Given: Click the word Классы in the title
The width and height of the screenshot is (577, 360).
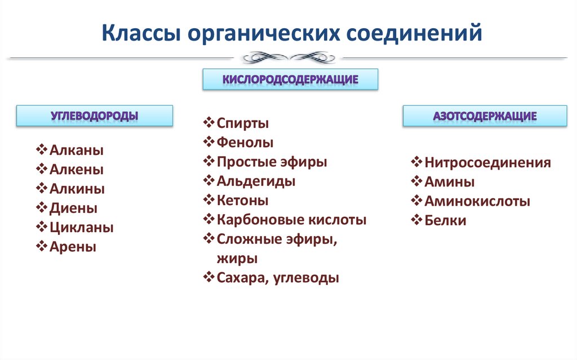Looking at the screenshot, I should tap(140, 33).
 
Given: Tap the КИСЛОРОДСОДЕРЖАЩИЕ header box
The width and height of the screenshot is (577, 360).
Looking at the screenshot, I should tap(290, 79).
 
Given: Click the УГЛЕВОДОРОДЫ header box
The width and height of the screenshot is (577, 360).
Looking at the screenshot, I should tap(94, 115).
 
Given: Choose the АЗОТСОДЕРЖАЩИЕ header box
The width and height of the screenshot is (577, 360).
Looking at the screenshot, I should tap(485, 116).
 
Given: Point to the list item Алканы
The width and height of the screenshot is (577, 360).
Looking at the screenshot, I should tap(76, 150).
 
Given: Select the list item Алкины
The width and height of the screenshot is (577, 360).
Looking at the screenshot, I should tap(77, 189).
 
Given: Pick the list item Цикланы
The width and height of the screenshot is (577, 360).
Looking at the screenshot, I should tap(81, 228).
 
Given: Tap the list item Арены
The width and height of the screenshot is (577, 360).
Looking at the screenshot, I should tap(73, 247).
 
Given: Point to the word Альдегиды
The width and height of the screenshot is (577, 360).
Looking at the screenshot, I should tap(256, 181).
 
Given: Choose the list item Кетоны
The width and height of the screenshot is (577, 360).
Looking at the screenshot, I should tap(242, 201).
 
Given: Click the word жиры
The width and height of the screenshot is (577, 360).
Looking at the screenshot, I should tap(237, 259).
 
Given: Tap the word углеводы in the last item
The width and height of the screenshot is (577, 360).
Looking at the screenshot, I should tap(307, 278).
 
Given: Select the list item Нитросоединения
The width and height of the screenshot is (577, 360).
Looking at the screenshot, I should tap(487, 163).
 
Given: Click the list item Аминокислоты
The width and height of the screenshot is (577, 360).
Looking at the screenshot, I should tap(477, 201).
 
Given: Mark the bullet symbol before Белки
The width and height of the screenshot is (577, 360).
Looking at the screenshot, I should tap(416, 220).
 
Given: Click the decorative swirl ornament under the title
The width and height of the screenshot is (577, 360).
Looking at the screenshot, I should tap(288, 57).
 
